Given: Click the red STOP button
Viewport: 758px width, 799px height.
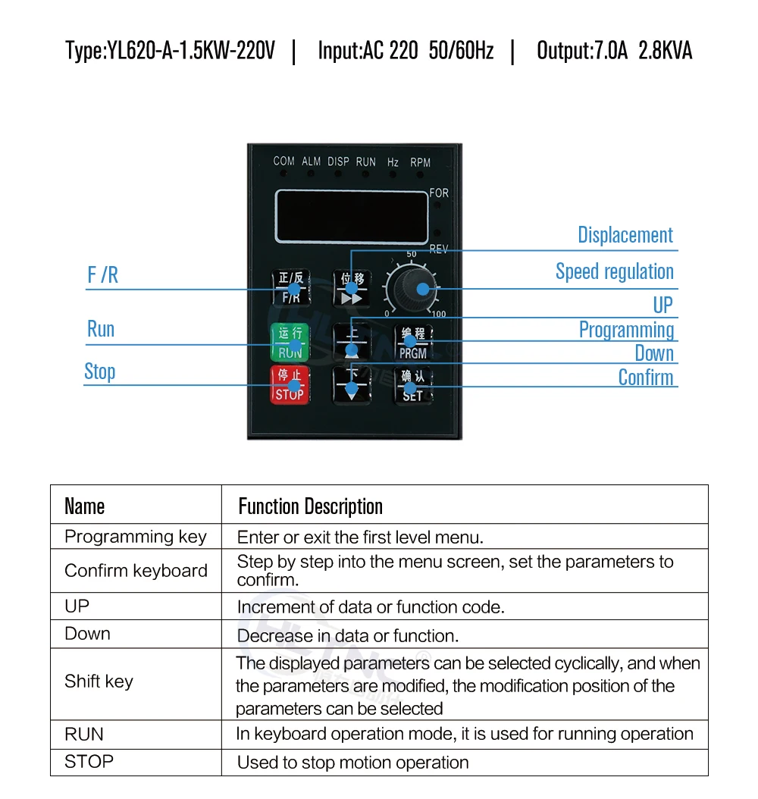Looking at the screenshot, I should (290, 384).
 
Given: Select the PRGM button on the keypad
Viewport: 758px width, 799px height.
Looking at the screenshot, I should (412, 343).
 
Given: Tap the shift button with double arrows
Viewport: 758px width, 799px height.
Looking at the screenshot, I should (352, 288).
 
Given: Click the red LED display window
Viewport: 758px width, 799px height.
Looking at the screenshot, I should (352, 216).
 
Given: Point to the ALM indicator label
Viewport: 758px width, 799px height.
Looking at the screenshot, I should (311, 161).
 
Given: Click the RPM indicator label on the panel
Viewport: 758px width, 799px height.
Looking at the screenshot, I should (420, 162).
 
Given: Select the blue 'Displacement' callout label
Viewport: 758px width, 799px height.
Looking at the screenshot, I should (625, 235).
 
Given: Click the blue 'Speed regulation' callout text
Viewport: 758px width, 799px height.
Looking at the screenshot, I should (615, 271).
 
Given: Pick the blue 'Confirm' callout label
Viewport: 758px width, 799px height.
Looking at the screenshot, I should (646, 377).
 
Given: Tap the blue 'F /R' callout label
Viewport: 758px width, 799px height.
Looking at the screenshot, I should (103, 275).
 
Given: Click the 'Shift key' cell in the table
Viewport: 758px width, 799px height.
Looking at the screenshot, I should (99, 681).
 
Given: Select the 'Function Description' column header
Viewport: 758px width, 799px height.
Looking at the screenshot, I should (311, 506).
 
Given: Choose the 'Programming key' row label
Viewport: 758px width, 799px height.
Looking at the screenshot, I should (136, 537).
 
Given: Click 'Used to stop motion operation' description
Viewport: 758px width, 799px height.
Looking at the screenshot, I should (353, 763).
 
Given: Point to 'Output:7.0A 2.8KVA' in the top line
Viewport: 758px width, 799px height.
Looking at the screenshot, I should (614, 51).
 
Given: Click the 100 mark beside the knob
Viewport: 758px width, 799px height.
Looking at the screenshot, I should (439, 314).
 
